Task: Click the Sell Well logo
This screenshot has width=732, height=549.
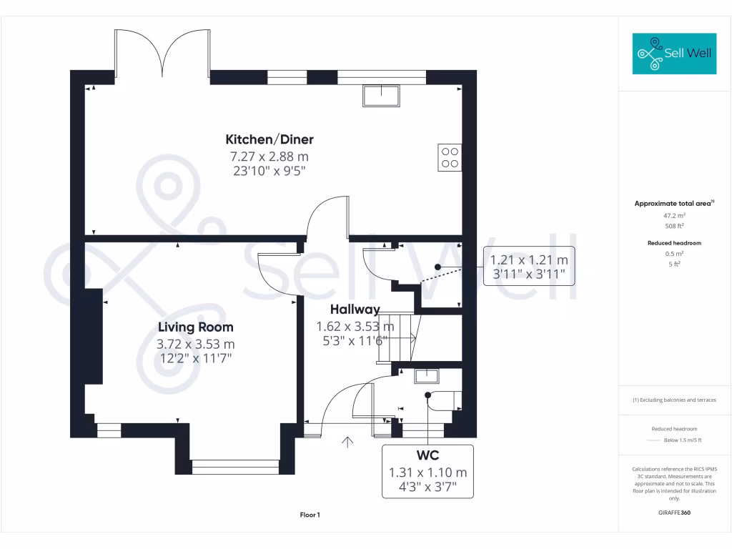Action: pyautogui.click(x=674, y=53)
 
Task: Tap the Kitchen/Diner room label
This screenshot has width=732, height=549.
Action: pyautogui.click(x=269, y=139)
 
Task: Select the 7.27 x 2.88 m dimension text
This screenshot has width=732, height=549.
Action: pyautogui.click(x=269, y=156)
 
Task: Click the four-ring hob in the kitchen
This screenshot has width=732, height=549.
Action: pyautogui.click(x=450, y=157)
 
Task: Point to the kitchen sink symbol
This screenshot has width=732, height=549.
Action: pyautogui.click(x=382, y=95)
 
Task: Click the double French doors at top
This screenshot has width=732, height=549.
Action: pyautogui.click(x=162, y=54)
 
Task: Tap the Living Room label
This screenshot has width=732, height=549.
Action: pyautogui.click(x=195, y=327)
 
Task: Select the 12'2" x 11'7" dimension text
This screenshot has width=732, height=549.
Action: pyautogui.click(x=195, y=357)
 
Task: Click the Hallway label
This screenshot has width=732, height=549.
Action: pyautogui.click(x=355, y=310)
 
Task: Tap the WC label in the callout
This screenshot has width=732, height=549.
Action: pyautogui.click(x=427, y=456)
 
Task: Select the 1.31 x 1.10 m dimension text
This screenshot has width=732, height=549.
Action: pyautogui.click(x=427, y=473)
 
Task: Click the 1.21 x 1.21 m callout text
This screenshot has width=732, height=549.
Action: pyautogui.click(x=529, y=260)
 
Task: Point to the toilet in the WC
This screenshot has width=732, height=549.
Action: pyautogui.click(x=443, y=401)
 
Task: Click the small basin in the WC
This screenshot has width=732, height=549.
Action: pyautogui.click(x=427, y=375)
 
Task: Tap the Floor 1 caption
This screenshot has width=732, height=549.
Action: pyautogui.click(x=310, y=515)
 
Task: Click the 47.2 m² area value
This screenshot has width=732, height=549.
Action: pyautogui.click(x=674, y=215)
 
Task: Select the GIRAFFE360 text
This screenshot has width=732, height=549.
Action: pyautogui.click(x=674, y=513)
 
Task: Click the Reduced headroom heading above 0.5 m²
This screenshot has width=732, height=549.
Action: pyautogui.click(x=674, y=243)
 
